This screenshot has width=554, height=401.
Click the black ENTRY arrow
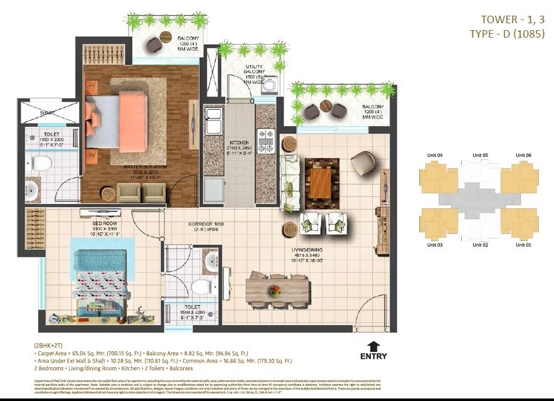tap(373, 345)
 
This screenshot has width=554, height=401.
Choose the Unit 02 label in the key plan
tap(480, 245)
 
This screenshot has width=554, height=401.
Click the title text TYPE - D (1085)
tap(507, 34)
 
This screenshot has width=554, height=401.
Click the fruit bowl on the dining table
tap(274, 291)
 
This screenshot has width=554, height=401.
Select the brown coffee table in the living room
tap(321, 183)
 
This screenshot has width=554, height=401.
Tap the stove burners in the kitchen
tap(266, 140)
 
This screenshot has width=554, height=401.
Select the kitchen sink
tap(214, 118)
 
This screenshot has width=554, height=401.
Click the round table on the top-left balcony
tap(166, 37)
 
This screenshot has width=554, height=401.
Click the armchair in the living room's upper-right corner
tap(362, 164)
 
